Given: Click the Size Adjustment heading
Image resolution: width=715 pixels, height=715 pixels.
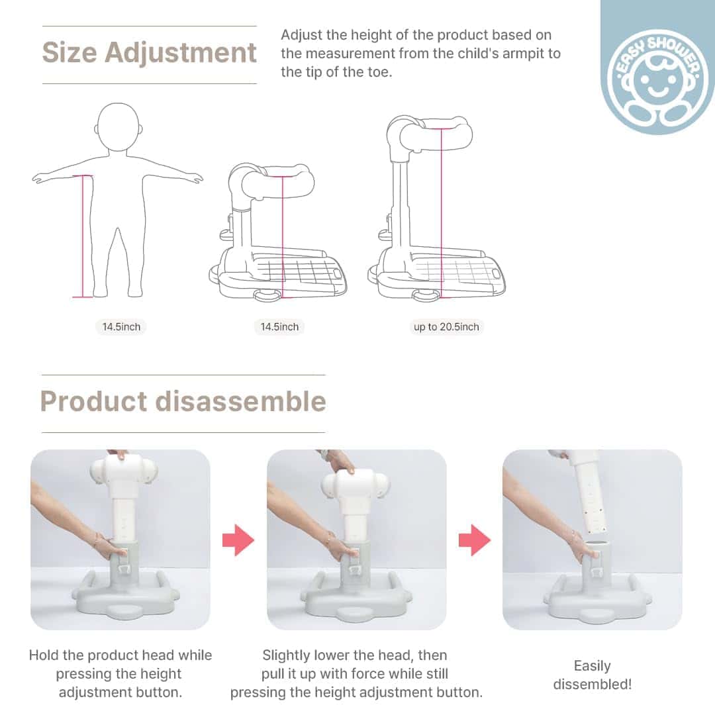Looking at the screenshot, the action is (149, 53).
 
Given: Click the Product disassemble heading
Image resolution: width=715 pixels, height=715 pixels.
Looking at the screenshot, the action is (183, 401).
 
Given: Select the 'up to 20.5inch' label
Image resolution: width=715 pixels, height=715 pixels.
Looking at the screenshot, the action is (446, 327).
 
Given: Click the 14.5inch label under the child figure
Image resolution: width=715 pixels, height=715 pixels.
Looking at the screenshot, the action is (121, 327).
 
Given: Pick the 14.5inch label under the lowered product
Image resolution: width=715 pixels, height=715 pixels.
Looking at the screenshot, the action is (279, 327).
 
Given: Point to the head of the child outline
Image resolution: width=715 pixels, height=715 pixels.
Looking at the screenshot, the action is (118, 126).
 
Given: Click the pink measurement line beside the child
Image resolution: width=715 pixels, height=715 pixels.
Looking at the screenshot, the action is (83, 236).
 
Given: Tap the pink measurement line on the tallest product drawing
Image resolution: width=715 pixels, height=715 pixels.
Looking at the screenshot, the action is (441, 213).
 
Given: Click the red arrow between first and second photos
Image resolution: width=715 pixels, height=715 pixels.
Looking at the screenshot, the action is (238, 540).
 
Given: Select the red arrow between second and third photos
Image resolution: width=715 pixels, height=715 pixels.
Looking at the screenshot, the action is (475, 540).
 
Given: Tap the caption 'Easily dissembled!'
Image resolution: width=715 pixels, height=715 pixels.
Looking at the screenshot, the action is (593, 675).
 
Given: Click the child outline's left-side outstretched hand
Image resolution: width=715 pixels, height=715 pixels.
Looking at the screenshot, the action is (37, 178).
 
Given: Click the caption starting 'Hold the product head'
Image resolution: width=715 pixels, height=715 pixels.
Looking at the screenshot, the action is (120, 674).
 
